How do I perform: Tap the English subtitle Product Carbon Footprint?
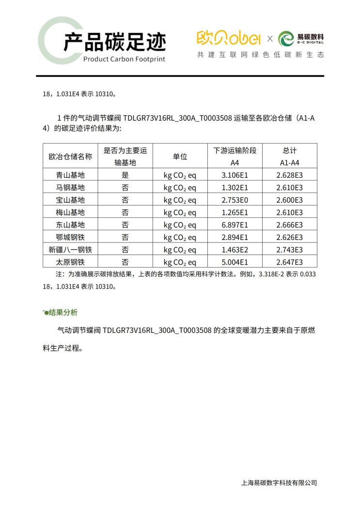(124, 59)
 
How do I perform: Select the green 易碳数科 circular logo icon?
(286, 38)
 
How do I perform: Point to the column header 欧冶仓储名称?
(70, 157)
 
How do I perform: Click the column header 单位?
(180, 157)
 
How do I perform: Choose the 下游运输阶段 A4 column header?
(235, 157)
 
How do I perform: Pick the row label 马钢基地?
(70, 188)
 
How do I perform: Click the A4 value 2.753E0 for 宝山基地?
(235, 200)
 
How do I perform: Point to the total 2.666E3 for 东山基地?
(290, 225)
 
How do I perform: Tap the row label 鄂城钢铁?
(70, 238)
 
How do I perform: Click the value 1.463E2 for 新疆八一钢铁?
(235, 250)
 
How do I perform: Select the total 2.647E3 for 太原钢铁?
(290, 262)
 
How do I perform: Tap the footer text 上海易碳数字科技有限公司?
(279, 482)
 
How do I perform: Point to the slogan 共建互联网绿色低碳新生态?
(260, 55)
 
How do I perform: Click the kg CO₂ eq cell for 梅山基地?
(180, 212)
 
